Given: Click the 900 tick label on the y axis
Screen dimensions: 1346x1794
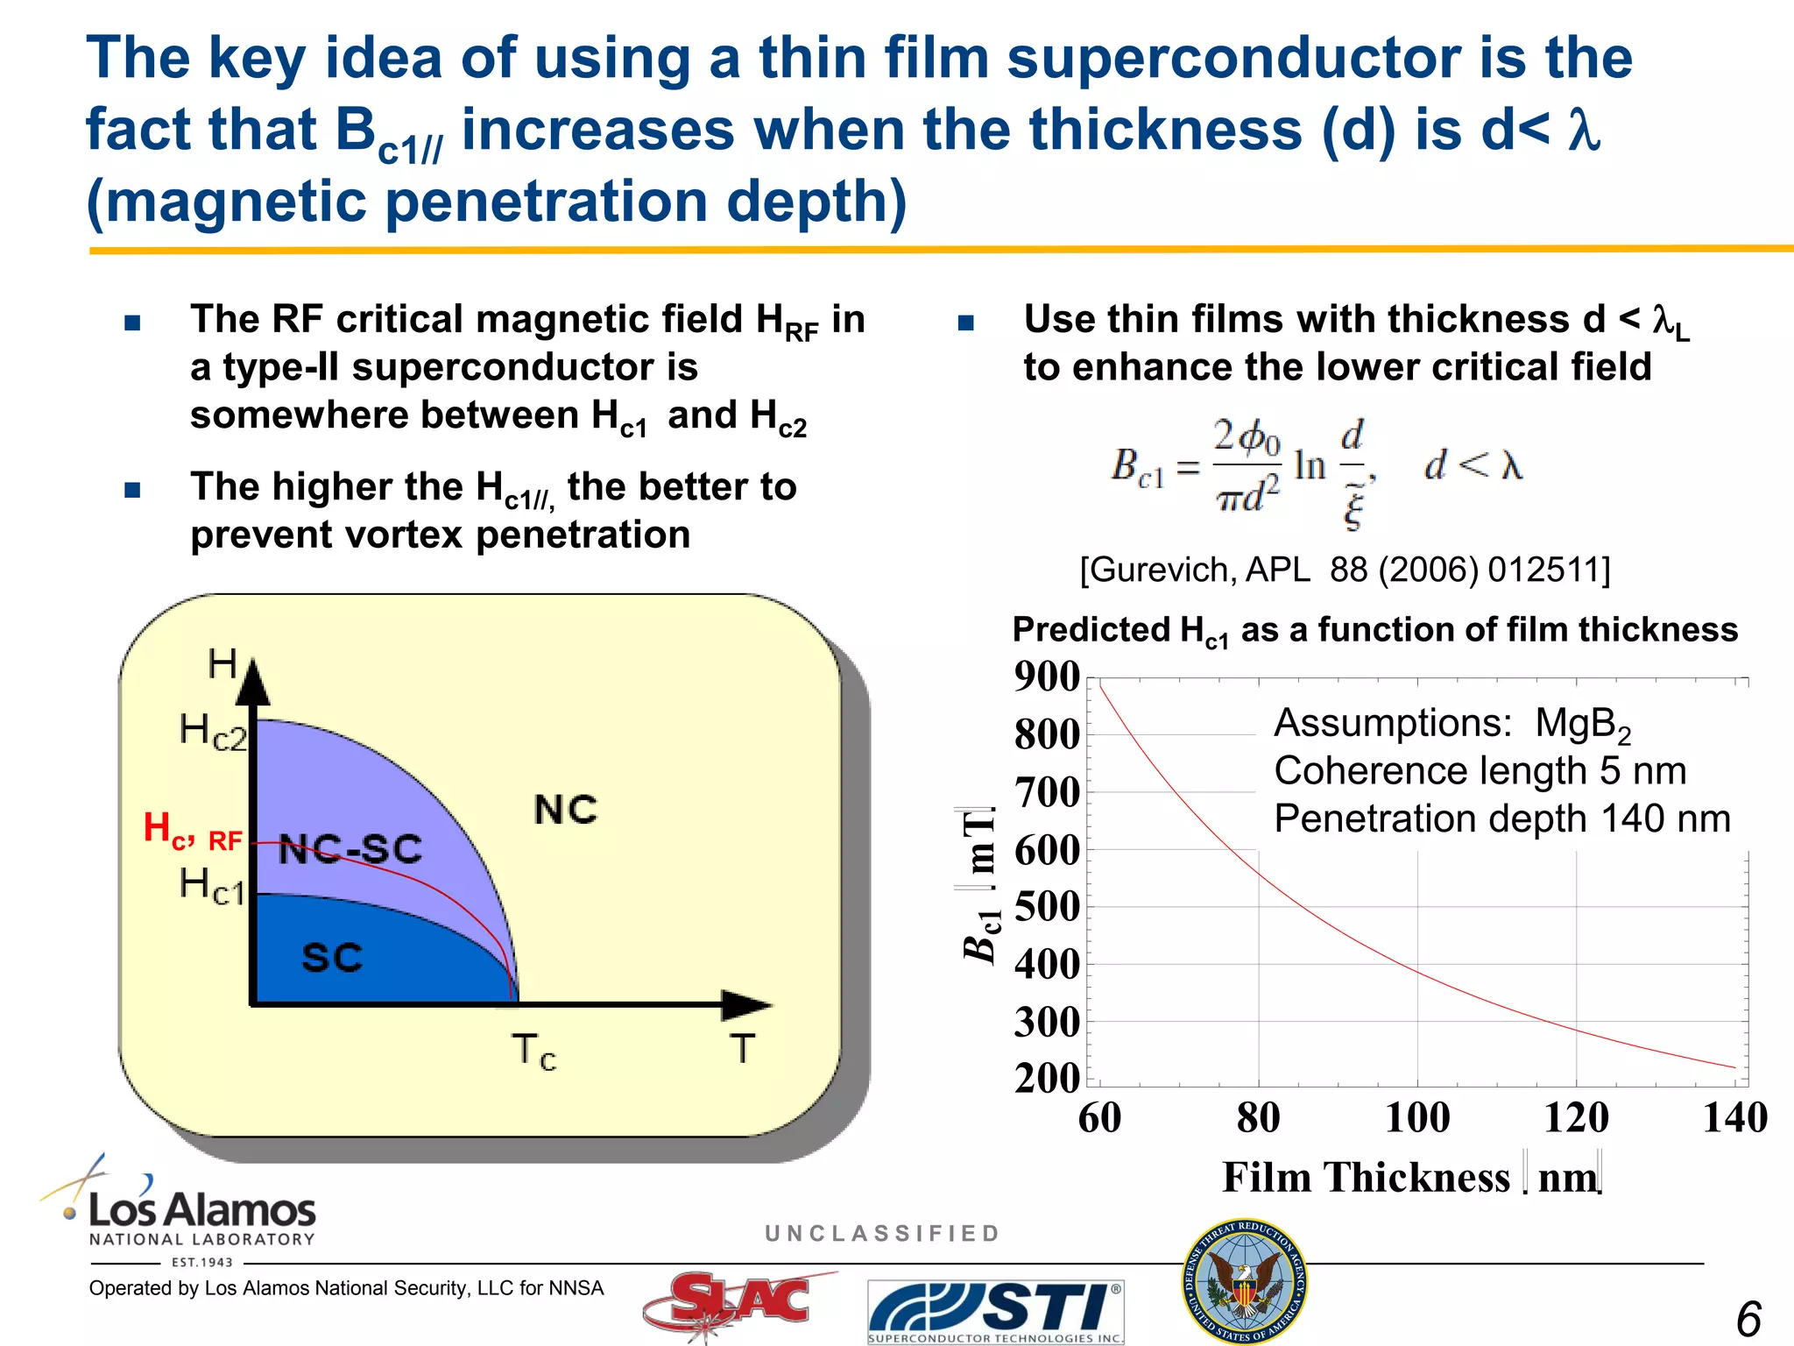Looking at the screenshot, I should [1047, 677].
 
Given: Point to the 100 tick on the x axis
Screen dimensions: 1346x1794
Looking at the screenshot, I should [1417, 1118].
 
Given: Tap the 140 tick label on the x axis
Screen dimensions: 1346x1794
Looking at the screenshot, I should [1734, 1118].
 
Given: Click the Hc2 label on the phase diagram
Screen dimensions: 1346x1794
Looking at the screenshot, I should [213, 731].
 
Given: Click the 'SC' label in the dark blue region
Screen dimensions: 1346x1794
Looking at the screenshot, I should [332, 957].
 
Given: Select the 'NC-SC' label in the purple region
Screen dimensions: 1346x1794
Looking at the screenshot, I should [350, 849].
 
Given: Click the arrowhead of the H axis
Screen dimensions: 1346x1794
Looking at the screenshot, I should [253, 683].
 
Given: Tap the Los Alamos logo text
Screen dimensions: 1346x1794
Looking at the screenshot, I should [201, 1211].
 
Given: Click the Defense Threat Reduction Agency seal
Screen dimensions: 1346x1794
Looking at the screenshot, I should [1245, 1280].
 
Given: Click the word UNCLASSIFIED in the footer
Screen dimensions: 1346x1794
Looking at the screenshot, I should [882, 1234].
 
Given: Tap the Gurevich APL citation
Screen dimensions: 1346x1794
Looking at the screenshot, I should [1345, 570].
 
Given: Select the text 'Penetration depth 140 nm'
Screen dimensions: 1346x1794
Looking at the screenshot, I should [1501, 818].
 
